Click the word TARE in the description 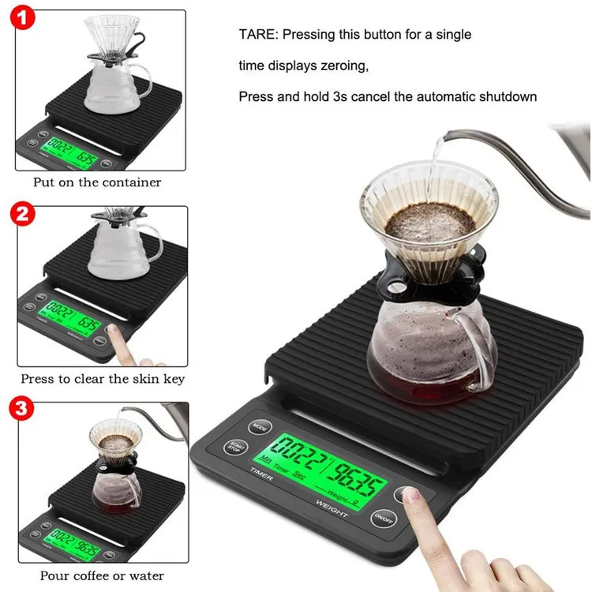(x=257, y=35)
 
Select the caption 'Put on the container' (x=97, y=182)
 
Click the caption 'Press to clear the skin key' (x=103, y=379)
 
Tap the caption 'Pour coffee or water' (x=102, y=575)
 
